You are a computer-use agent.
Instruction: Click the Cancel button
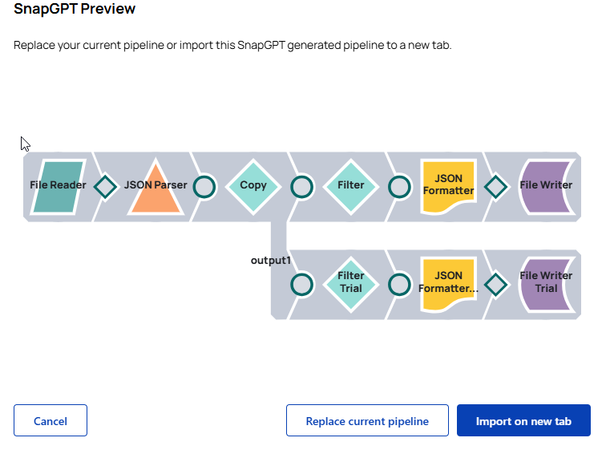50,420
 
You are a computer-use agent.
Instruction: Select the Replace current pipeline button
367,420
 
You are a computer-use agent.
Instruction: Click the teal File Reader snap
59,186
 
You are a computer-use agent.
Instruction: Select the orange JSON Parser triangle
156,188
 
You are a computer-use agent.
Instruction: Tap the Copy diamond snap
253,186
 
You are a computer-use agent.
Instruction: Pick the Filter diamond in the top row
351,186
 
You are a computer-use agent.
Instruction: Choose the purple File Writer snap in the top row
546,186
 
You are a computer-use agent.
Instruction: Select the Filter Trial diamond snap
351,282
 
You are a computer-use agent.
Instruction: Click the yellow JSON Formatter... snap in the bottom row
448,283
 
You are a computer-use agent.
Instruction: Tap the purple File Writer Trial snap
546,282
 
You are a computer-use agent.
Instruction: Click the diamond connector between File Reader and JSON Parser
106,187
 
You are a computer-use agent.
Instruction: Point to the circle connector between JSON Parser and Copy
204,187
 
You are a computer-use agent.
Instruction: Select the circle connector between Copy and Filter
301,187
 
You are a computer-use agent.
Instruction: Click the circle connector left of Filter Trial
301,285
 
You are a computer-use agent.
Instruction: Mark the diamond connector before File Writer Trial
496,285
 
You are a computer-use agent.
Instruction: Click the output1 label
270,261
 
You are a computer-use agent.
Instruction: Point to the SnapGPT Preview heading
75,10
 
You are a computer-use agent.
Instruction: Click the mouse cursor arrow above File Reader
25,144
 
